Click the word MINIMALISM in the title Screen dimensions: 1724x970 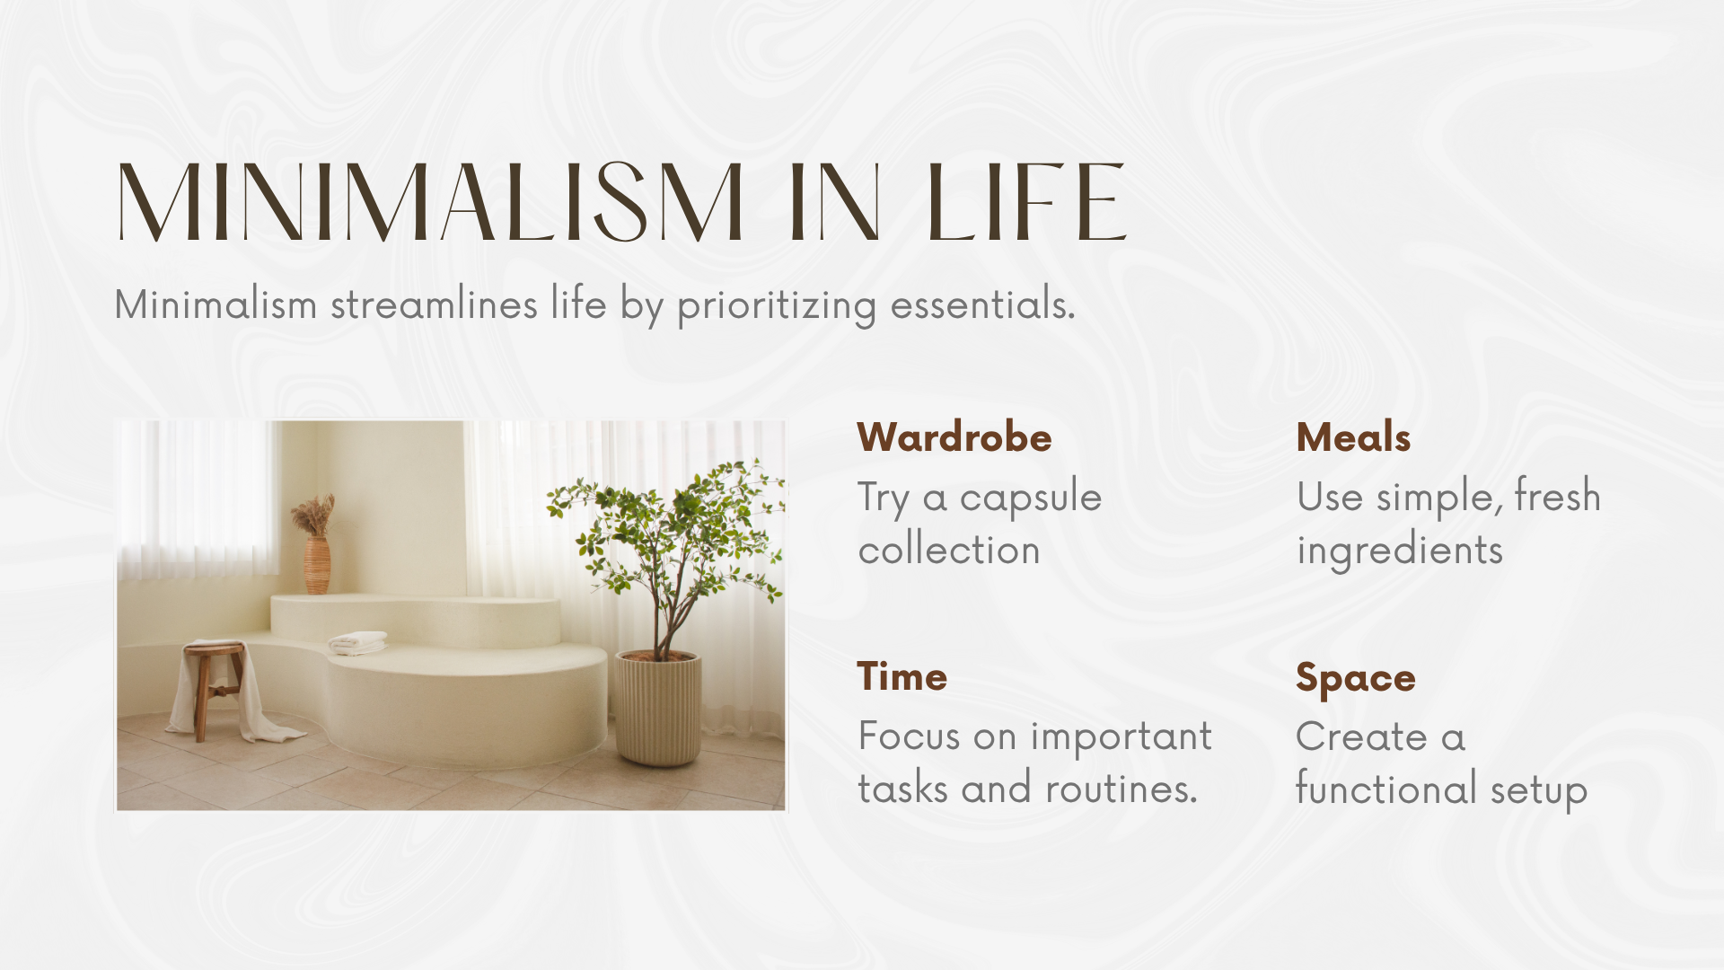tap(430, 202)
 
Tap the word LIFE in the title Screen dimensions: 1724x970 tap(1026, 202)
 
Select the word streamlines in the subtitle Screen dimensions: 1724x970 tap(434, 304)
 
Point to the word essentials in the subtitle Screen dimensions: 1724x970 tap(982, 304)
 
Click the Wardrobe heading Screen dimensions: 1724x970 tap(954, 437)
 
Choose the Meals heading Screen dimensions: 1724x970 tap(1353, 437)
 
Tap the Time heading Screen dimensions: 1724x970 tap(902, 676)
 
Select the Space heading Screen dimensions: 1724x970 tap(1355, 679)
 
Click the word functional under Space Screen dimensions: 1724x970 tap(1385, 789)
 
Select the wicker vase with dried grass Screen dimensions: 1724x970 tap(315, 545)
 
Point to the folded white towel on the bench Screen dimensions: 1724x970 tap(357, 642)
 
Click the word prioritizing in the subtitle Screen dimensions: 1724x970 tap(777, 305)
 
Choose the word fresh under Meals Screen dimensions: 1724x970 tap(1557, 496)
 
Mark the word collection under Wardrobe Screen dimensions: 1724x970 tap(949, 550)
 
